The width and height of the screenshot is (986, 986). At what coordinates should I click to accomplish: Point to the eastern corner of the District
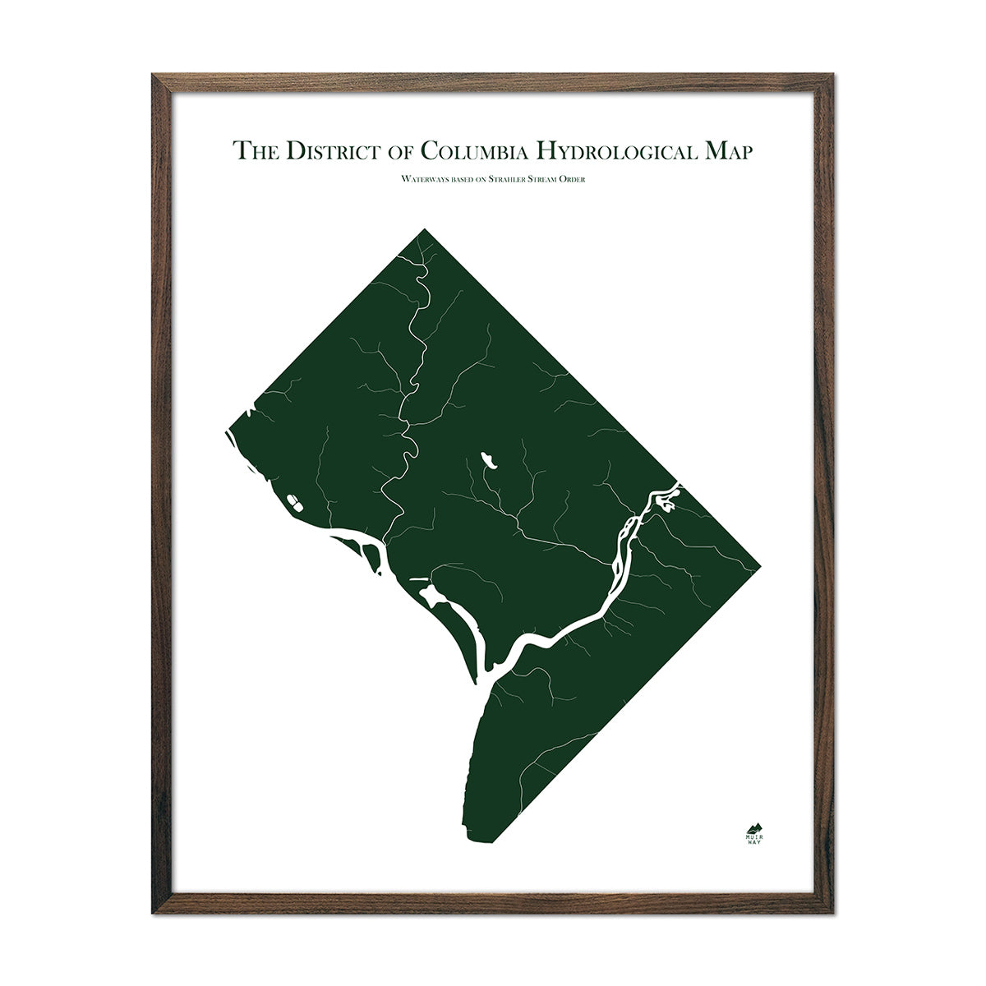pos(761,564)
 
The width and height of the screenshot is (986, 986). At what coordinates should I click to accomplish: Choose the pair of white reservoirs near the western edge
pos(292,499)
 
